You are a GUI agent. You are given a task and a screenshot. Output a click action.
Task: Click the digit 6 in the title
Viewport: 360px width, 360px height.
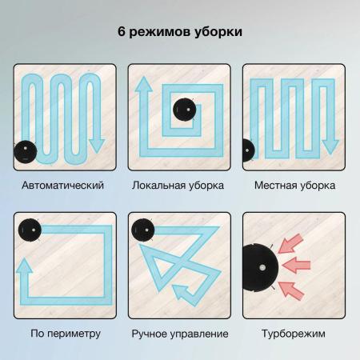[122, 32]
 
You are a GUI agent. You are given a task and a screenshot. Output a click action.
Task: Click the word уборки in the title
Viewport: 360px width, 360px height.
[218, 32]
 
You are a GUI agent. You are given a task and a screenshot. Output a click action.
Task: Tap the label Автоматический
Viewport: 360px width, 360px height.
[62, 185]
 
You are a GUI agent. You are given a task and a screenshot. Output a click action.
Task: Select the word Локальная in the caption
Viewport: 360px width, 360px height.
[158, 185]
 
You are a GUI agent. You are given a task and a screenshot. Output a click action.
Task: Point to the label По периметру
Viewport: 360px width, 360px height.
[66, 334]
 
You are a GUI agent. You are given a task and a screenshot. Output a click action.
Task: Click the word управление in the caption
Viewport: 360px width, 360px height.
[202, 334]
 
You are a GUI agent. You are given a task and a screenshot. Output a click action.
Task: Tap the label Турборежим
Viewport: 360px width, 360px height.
[294, 334]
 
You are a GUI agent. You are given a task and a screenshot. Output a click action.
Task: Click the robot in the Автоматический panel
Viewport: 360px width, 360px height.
[25, 151]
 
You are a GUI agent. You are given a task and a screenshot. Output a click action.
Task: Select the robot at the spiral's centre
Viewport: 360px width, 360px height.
[185, 110]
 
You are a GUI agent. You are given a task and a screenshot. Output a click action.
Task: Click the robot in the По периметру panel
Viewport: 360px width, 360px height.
[30, 230]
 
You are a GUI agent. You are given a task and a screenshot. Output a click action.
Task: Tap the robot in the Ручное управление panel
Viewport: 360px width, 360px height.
[143, 230]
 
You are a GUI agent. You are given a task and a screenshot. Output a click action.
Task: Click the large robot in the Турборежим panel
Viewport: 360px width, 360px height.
[260, 266]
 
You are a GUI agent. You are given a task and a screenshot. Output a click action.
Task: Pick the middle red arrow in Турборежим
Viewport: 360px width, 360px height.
[296, 265]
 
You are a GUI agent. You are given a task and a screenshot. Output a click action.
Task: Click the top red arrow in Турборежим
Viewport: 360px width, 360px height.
[290, 243]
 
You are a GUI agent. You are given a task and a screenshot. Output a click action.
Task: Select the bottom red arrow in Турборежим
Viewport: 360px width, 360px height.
[291, 290]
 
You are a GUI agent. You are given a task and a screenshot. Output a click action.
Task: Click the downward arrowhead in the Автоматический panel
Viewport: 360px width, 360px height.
[97, 146]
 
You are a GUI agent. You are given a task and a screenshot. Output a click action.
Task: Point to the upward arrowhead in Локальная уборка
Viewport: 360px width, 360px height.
[144, 84]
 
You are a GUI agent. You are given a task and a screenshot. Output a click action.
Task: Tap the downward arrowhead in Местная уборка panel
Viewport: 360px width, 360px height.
[330, 146]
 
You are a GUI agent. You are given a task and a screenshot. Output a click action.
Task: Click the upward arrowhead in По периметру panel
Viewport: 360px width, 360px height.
[24, 266]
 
